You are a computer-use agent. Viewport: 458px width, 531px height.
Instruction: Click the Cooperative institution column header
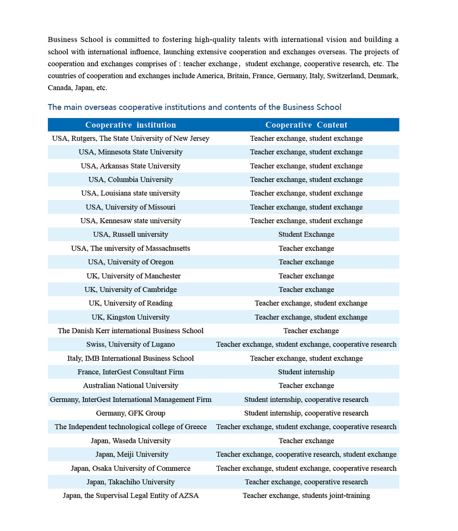click(x=130, y=125)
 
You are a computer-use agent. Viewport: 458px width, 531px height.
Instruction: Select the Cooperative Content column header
click(x=306, y=125)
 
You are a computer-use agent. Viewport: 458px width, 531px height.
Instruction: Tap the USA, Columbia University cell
click(x=130, y=180)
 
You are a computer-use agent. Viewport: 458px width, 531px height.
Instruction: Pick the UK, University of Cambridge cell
click(x=130, y=290)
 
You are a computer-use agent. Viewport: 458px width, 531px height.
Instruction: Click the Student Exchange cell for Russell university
click(x=306, y=234)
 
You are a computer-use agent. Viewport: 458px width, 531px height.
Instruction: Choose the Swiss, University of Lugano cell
click(x=130, y=344)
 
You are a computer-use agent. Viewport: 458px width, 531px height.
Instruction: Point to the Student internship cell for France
click(x=306, y=372)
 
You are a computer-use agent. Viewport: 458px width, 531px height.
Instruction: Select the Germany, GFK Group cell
click(x=130, y=413)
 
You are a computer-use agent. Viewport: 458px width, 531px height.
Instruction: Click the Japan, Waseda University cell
click(x=130, y=441)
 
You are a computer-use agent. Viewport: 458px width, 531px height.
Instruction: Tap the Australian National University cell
click(x=130, y=386)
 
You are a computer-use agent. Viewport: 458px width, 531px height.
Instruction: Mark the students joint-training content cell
click(x=306, y=496)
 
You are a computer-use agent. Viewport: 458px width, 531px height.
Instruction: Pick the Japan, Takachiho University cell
click(x=130, y=482)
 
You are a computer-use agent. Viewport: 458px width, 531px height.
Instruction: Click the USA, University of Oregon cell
click(x=130, y=262)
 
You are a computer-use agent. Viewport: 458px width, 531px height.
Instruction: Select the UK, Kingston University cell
click(x=130, y=317)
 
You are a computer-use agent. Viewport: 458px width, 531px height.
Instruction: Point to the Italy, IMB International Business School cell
click(x=130, y=358)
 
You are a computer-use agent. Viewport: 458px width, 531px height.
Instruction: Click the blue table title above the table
click(x=194, y=107)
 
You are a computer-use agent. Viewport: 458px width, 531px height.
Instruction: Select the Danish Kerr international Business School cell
click(x=130, y=331)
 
